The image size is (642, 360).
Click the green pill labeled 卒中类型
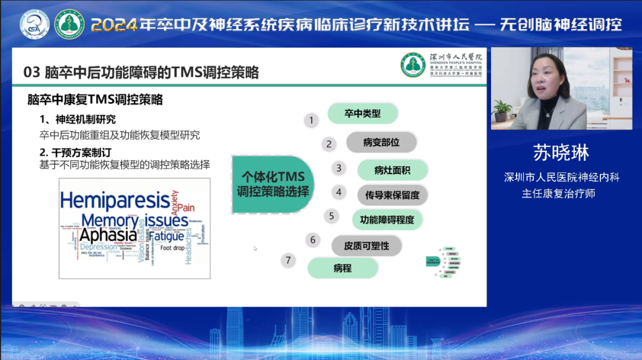(362, 113)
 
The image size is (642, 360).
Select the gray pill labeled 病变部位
(381, 143)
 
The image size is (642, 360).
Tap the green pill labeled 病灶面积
(392, 170)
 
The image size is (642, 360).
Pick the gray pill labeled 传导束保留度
(392, 195)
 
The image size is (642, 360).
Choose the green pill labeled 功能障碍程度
(387, 220)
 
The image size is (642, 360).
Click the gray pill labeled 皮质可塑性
(366, 245)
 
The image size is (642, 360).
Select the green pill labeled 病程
(342, 268)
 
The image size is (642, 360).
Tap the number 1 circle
(310, 121)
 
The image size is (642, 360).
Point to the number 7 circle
(288, 260)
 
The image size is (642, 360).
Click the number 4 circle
(339, 192)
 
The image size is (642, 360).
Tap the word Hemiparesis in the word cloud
(114, 200)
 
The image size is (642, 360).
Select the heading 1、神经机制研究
(77, 119)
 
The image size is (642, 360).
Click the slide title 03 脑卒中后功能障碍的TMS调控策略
(141, 72)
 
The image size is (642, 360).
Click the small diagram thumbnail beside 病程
(444, 261)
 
